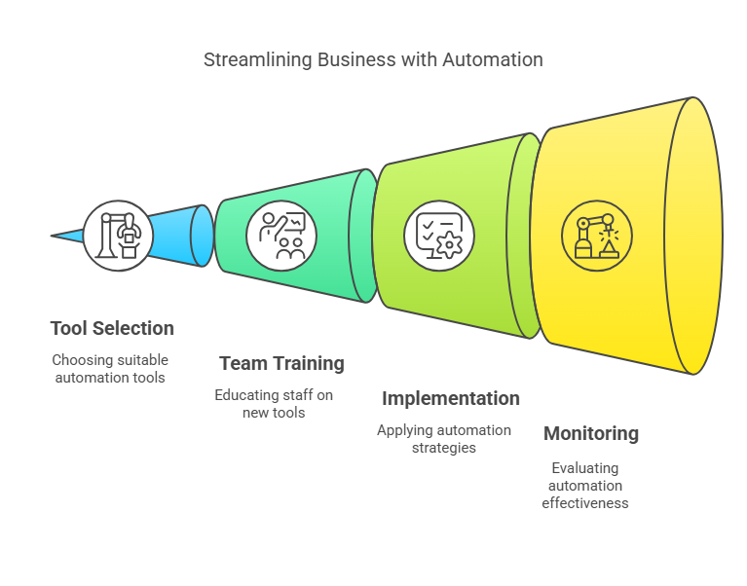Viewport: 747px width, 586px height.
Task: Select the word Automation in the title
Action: (x=492, y=59)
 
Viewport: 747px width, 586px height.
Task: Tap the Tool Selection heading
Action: (x=112, y=328)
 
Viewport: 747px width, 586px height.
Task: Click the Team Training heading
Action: (x=281, y=363)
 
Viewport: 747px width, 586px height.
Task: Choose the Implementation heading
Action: (x=450, y=398)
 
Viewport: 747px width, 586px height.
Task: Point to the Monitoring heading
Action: (x=590, y=433)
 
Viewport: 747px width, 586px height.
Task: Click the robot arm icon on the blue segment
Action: (x=118, y=235)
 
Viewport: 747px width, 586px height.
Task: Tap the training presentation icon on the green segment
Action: (x=280, y=235)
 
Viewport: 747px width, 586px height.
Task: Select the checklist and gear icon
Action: (x=438, y=235)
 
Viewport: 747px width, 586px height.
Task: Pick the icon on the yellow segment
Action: (x=596, y=235)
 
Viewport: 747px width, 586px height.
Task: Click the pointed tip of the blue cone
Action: (x=55, y=235)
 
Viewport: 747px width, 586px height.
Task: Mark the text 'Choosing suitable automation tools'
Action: (x=110, y=368)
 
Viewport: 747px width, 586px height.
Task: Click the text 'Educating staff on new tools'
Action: (x=274, y=404)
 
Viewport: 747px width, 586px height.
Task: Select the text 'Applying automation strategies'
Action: (x=443, y=439)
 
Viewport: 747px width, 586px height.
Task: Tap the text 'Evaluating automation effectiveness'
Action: (x=584, y=486)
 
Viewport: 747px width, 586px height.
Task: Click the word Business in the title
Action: (x=360, y=59)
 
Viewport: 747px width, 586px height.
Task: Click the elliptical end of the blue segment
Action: (x=202, y=235)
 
